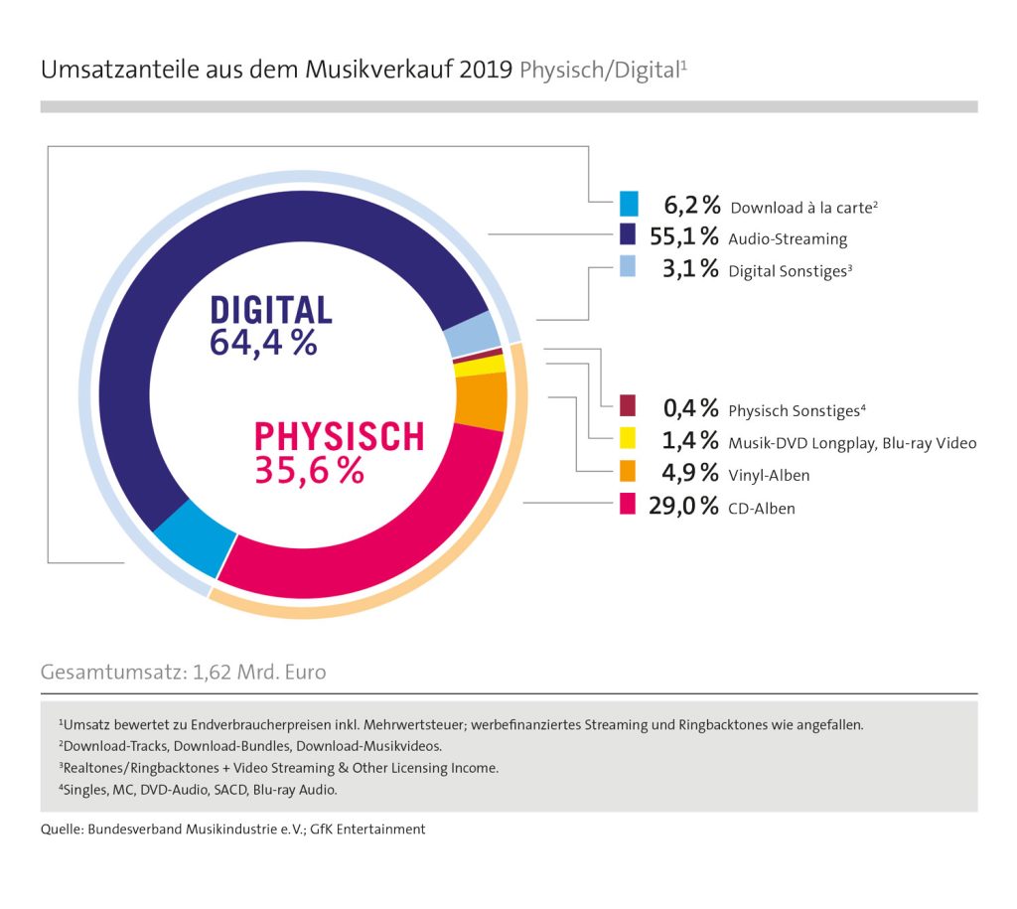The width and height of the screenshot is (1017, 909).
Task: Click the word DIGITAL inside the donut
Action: (270, 310)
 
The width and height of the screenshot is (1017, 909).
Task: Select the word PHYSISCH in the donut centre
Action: (339, 437)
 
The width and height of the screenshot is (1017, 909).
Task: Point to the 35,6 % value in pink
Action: (309, 470)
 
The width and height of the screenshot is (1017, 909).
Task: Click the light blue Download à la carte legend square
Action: (628, 204)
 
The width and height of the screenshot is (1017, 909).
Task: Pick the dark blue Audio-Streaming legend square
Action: (628, 236)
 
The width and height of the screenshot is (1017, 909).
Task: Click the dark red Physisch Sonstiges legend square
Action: (628, 407)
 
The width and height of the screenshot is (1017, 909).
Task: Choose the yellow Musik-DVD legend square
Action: (628, 440)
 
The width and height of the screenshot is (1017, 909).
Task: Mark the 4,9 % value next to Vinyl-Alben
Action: (689, 473)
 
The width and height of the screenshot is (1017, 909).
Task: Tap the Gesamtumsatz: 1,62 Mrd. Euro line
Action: (183, 672)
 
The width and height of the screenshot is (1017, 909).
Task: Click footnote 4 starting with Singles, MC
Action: (199, 790)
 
